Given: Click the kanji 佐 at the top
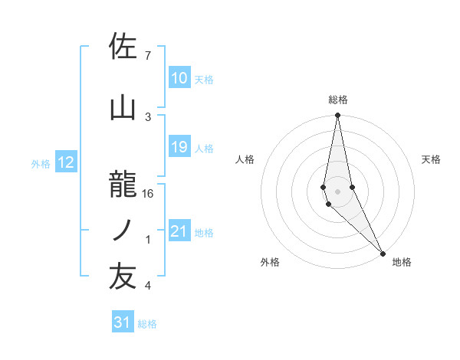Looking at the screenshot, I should [123, 47].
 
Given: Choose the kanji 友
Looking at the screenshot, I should [123, 277].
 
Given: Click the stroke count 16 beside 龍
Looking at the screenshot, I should [148, 194].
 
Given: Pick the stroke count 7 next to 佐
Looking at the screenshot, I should [148, 56].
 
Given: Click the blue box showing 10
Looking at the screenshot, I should [179, 78].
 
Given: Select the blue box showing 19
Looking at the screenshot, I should [179, 147].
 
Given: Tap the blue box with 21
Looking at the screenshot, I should [179, 231].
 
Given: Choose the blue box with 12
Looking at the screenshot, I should [66, 162].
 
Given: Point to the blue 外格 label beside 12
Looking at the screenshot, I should [41, 163].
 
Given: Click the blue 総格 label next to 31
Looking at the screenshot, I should [147, 323].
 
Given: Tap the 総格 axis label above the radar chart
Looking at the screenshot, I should [338, 100].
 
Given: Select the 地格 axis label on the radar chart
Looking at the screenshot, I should [402, 262].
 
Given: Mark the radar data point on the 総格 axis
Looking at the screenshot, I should [337, 116].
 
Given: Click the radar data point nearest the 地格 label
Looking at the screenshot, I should [383, 252].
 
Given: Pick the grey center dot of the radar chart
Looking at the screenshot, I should [337, 190].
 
